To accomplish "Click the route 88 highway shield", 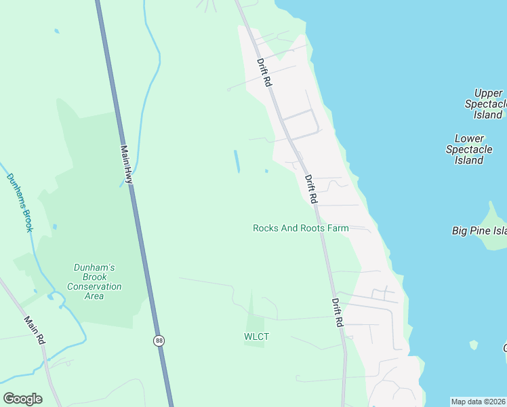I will pos(159,341).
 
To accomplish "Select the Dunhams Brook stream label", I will pos(20,202).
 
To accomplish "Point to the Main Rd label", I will pos(34,330).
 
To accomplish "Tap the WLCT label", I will pos(256,336).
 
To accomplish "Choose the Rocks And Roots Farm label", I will pos(300,228).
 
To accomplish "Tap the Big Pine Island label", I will pos(479,231).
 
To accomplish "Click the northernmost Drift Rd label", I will pos(264,72).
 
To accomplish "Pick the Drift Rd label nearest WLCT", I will pos(338,313).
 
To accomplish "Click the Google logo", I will pos(22,398).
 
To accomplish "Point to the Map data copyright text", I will pos(478,402).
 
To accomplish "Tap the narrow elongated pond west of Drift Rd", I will pos(237,161).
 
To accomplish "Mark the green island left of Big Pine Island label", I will pos(494,212).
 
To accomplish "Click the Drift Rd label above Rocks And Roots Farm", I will pos(311,189).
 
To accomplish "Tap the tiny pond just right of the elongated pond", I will pos(266,170).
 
